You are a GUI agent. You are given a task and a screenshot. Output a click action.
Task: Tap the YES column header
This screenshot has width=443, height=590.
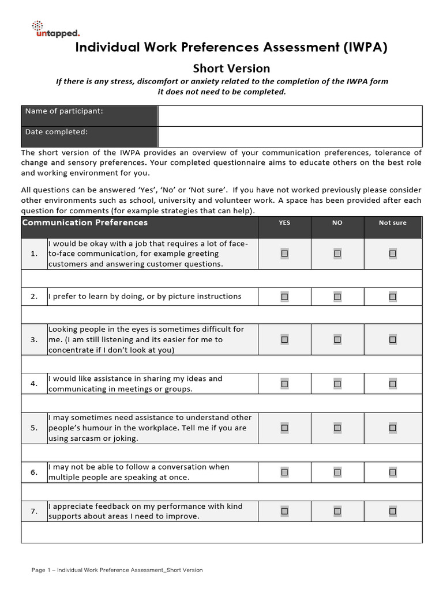[284, 223]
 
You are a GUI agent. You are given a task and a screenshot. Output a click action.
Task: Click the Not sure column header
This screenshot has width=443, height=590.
[392, 223]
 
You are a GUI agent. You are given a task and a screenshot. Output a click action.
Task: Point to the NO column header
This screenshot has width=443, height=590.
[337, 223]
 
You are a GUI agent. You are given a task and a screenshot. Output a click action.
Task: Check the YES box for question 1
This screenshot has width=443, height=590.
[284, 254]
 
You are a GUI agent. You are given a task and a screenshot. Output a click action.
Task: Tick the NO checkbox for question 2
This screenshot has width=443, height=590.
[337, 297]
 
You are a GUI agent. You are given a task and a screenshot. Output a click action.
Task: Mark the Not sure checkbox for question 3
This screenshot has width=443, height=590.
[392, 340]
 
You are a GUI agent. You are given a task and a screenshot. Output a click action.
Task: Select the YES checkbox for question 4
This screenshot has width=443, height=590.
[284, 384]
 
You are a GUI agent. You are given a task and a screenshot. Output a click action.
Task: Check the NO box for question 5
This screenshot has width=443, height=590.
[337, 428]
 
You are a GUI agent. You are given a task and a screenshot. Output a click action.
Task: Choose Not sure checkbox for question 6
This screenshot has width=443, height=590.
[392, 472]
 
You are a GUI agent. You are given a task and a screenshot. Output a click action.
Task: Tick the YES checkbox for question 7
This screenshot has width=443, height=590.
[284, 511]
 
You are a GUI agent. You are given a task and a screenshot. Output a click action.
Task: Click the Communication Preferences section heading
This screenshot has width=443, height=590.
[85, 223]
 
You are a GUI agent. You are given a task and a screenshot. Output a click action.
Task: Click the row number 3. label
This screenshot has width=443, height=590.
[34, 340]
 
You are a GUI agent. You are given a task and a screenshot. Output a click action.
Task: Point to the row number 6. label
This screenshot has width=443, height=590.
[34, 472]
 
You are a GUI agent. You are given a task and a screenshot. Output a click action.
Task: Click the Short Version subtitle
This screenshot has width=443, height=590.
[231, 69]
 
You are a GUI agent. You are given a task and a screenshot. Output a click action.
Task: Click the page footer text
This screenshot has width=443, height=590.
[117, 570]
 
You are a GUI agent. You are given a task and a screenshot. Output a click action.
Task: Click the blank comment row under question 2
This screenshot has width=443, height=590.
[221, 315]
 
